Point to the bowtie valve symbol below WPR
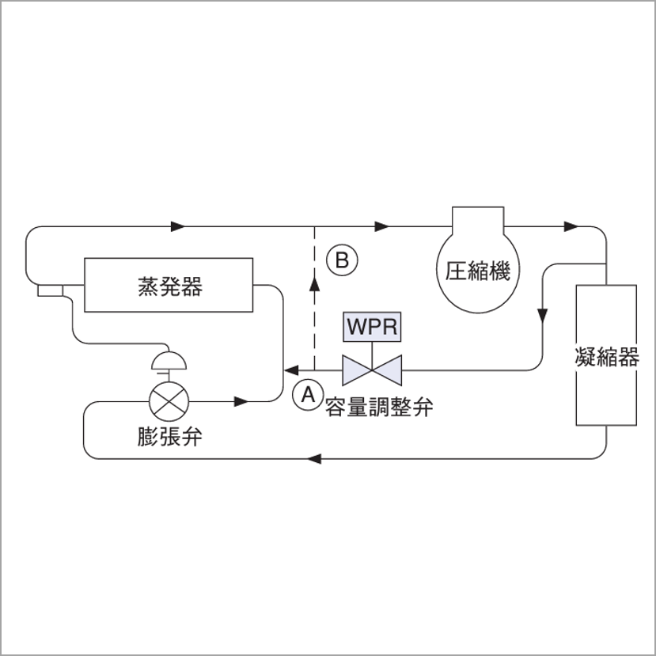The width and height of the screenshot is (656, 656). click(x=372, y=369)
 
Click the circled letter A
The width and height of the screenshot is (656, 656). click(x=308, y=393)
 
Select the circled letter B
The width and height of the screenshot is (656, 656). click(x=343, y=260)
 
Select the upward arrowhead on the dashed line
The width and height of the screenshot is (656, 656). click(x=315, y=285)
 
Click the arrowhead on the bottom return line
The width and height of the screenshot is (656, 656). click(x=314, y=458)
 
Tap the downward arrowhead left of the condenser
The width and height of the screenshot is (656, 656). click(x=543, y=316)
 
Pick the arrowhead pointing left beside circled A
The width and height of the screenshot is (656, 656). click(x=291, y=369)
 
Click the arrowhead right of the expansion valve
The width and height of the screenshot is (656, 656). click(x=242, y=401)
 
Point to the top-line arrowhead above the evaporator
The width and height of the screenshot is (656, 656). click(x=178, y=226)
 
